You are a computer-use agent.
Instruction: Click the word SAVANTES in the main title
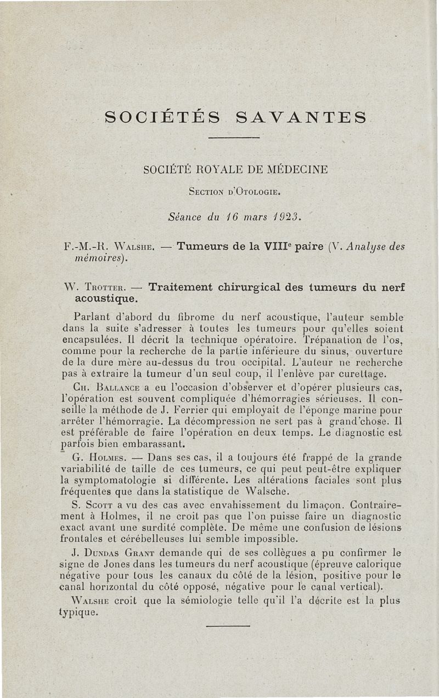point(301,117)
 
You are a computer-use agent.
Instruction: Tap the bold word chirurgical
point(262,286)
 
